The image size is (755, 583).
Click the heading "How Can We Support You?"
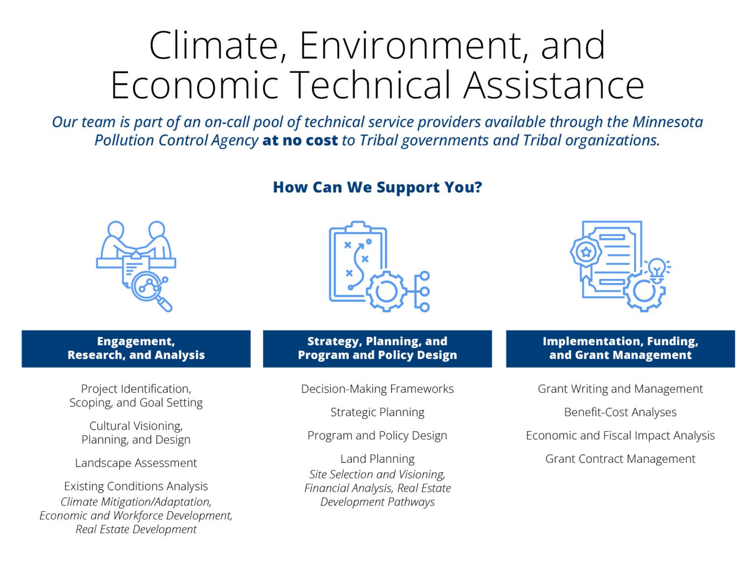click(377, 187)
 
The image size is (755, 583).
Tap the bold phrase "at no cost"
click(300, 140)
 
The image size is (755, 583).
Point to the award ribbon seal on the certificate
click(585, 253)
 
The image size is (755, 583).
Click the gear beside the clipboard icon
click(386, 291)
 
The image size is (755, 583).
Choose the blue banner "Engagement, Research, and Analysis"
click(136, 348)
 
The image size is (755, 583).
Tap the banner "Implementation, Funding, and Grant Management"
click(620, 348)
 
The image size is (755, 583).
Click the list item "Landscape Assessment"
click(136, 463)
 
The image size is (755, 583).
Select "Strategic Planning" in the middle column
click(377, 412)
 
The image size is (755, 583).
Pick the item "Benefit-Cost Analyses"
click(620, 412)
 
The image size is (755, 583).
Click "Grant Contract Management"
click(620, 459)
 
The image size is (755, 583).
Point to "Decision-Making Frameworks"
click(377, 389)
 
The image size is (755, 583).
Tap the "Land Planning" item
click(377, 459)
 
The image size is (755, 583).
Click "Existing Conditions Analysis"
click(136, 486)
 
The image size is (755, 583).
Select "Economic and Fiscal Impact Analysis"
click(620, 436)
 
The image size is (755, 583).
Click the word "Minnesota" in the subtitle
click(667, 122)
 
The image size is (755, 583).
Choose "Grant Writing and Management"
click(620, 389)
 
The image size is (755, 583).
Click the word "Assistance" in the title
click(553, 85)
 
